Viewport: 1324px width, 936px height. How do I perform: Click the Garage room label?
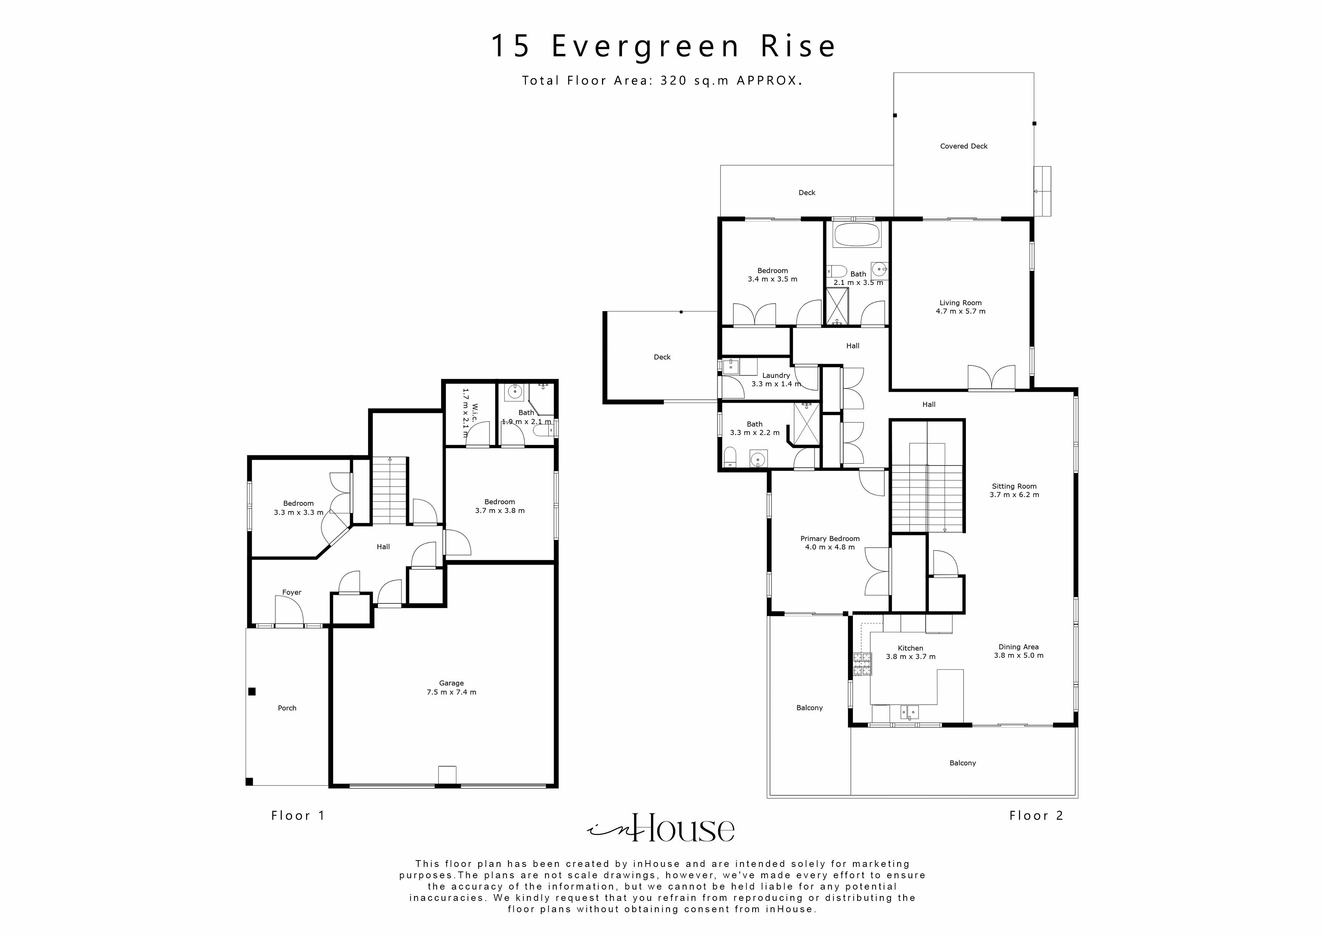pyautogui.click(x=451, y=683)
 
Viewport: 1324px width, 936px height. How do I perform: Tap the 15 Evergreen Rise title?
pyautogui.click(x=663, y=46)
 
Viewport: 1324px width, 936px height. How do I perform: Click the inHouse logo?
pyautogui.click(x=661, y=829)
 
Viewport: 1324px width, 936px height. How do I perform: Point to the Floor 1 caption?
pyautogui.click(x=298, y=816)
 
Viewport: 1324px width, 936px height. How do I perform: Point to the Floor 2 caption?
pyautogui.click(x=1036, y=816)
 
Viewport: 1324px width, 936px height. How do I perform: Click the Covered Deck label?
pyautogui.click(x=964, y=146)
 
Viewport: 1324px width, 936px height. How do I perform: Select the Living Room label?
pyautogui.click(x=960, y=303)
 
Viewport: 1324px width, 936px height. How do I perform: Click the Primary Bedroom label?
pyautogui.click(x=830, y=539)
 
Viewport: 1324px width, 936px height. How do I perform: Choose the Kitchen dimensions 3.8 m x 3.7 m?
pyautogui.click(x=911, y=657)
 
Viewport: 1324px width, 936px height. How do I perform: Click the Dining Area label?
pyautogui.click(x=1018, y=647)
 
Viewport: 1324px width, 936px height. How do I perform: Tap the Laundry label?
pyautogui.click(x=776, y=376)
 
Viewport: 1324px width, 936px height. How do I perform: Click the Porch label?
pyautogui.click(x=287, y=708)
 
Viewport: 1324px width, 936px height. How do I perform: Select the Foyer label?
pyautogui.click(x=292, y=592)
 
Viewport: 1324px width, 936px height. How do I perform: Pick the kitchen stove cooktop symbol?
pyautogui.click(x=862, y=664)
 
